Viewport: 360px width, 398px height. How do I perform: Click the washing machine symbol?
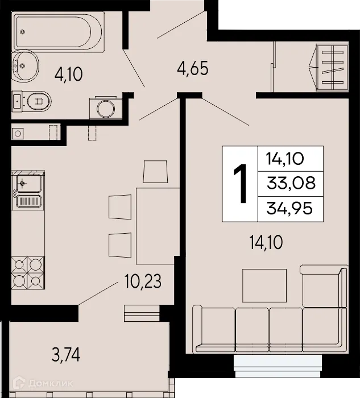[x=104, y=106]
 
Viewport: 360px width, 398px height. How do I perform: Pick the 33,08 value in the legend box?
[x=291, y=183]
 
